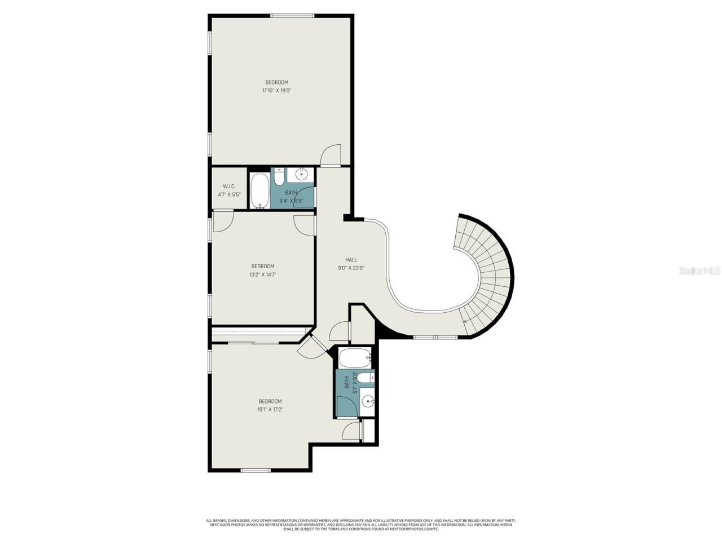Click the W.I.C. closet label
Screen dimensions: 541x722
pyautogui.click(x=229, y=187)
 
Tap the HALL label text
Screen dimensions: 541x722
pyautogui.click(x=351, y=260)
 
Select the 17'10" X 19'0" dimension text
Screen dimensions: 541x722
pyautogui.click(x=276, y=90)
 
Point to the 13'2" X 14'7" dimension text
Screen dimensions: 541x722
pyautogui.click(x=262, y=274)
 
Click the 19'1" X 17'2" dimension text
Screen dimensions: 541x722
pyautogui.click(x=270, y=410)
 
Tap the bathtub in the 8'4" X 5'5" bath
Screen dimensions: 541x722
pyautogui.click(x=260, y=190)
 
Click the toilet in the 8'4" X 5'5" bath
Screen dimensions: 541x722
pyautogui.click(x=278, y=178)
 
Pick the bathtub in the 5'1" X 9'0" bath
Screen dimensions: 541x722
pyautogui.click(x=354, y=357)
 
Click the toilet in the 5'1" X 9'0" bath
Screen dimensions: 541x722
pyautogui.click(x=365, y=377)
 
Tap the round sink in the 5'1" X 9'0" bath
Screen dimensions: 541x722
pyautogui.click(x=367, y=401)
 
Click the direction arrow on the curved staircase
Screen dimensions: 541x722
pyautogui.click(x=465, y=322)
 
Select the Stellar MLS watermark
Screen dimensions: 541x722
pyautogui.click(x=699, y=271)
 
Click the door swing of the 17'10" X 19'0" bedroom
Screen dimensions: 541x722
pyautogui.click(x=331, y=156)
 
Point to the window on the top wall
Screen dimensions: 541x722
pyautogui.click(x=292, y=16)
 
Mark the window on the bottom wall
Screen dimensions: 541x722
pyautogui.click(x=256, y=470)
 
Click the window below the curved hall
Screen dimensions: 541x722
pyautogui.click(x=435, y=337)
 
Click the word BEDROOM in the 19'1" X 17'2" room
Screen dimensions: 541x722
pyautogui.click(x=270, y=401)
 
